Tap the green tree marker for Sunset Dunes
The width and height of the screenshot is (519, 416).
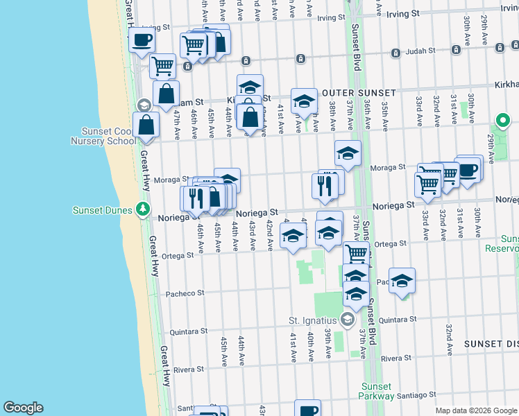(x=143, y=208)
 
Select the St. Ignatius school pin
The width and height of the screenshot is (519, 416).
(x=348, y=320)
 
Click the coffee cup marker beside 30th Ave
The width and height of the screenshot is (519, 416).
(x=468, y=169)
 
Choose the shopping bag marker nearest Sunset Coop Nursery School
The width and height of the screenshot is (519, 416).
(x=146, y=125)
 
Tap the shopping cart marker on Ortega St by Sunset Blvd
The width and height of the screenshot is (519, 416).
(x=356, y=254)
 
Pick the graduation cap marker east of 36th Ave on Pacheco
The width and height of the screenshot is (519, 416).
(x=402, y=281)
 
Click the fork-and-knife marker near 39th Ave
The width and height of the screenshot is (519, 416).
(x=325, y=185)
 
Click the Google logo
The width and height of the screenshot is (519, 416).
(x=23, y=408)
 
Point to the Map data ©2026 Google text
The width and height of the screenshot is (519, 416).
(x=476, y=410)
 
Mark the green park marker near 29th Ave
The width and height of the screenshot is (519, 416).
(x=500, y=119)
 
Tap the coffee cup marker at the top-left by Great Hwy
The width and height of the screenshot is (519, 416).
(x=142, y=40)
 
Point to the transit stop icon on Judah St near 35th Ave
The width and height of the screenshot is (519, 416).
(x=394, y=53)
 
